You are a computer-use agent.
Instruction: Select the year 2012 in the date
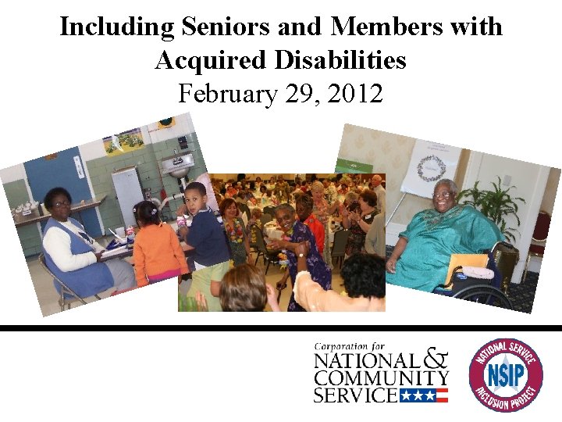(x=355, y=94)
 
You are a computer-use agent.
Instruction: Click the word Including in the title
(x=117, y=27)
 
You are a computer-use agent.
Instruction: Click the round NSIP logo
(x=505, y=374)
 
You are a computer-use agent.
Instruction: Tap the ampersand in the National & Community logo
(x=436, y=359)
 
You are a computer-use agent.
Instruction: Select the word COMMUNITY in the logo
(x=381, y=377)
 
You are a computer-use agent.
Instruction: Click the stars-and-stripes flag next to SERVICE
(x=423, y=395)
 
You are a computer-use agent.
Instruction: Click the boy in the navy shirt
(x=205, y=231)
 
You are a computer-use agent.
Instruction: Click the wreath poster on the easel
(x=431, y=167)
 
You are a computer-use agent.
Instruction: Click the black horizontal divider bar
(x=281, y=328)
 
